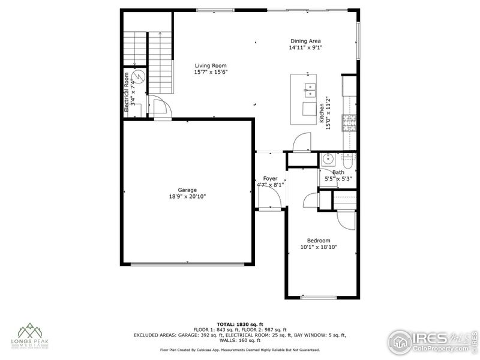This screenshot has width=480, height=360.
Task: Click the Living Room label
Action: pyautogui.click(x=211, y=65)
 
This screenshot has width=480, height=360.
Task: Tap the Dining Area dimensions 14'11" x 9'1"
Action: pyautogui.click(x=305, y=47)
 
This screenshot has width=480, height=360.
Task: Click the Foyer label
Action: pyautogui.click(x=270, y=178)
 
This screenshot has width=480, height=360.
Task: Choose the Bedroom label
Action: pyautogui.click(x=319, y=240)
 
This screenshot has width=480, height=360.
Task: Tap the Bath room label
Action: pyautogui.click(x=338, y=172)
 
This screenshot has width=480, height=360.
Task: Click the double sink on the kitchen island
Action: pyautogui.click(x=310, y=91)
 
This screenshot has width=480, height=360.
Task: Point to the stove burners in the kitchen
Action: pyautogui.click(x=349, y=123)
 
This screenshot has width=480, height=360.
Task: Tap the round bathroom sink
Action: pyautogui.click(x=328, y=160)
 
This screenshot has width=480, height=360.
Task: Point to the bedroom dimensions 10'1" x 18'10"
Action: pyautogui.click(x=319, y=247)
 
